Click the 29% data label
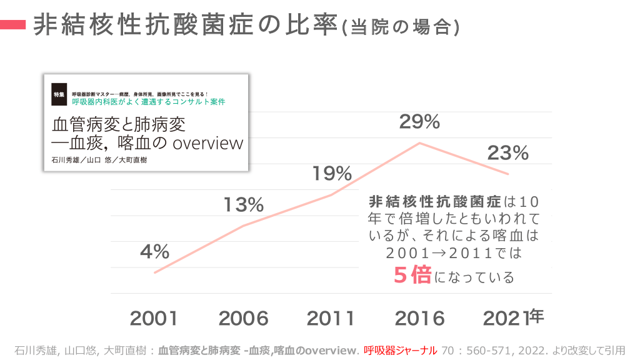pyautogui.click(x=419, y=122)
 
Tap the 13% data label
pyautogui.click(x=244, y=204)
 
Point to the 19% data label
pyautogui.click(x=332, y=174)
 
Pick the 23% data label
pyautogui.click(x=507, y=152)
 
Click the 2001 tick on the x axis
pyautogui.click(x=154, y=318)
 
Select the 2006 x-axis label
pyautogui.click(x=243, y=318)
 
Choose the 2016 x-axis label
pyautogui.click(x=419, y=318)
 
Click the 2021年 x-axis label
pyautogui.click(x=513, y=317)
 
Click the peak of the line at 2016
pyautogui.click(x=420, y=143)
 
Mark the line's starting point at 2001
pyautogui.click(x=154, y=272)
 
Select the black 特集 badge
pyautogui.click(x=59, y=94)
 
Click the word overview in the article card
pyautogui.click(x=207, y=143)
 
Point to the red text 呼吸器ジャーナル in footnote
pyautogui.click(x=400, y=350)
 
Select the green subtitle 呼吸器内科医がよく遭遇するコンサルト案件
pyautogui.click(x=148, y=101)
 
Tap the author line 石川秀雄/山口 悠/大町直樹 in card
pyautogui.click(x=100, y=160)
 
